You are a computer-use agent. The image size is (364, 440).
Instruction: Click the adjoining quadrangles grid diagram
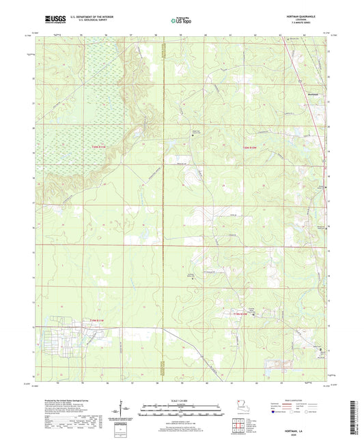236,425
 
